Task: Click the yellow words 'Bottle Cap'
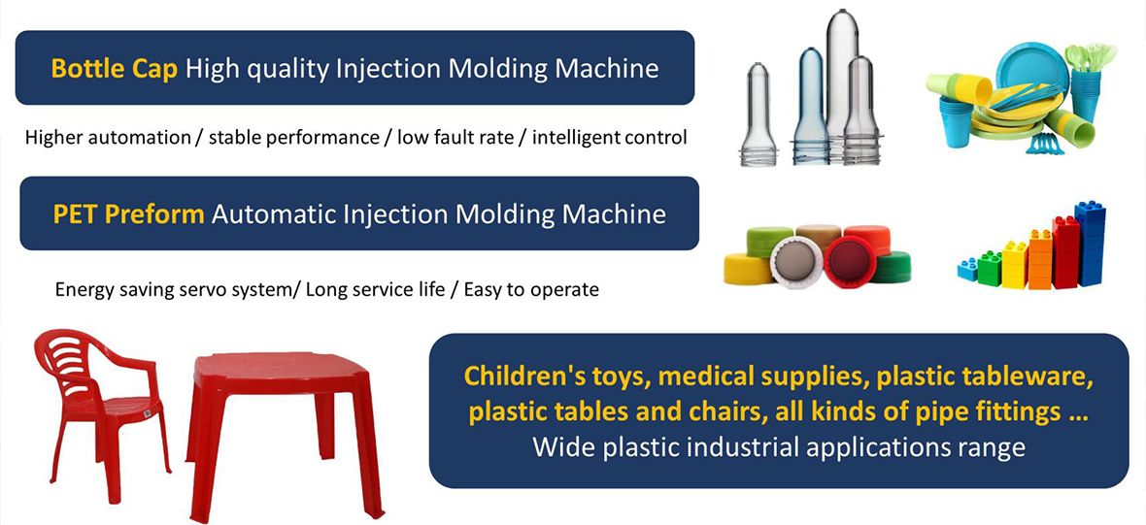coord(114,69)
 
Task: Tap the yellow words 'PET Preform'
coord(128,214)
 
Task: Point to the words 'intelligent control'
coord(610,137)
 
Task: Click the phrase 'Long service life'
coord(375,290)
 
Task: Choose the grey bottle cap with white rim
coord(797,262)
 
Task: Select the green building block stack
coord(989,270)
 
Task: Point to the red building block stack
coord(1065,252)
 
